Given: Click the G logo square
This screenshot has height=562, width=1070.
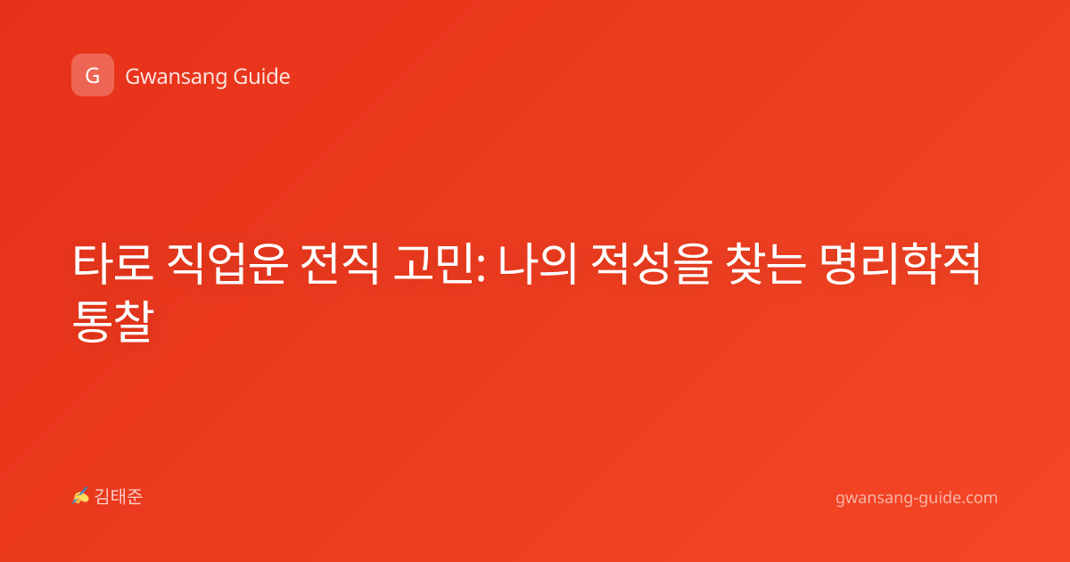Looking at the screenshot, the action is [x=93, y=75].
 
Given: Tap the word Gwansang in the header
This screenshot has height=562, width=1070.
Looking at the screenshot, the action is [x=176, y=77].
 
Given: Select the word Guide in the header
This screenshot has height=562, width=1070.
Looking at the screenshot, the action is [x=262, y=76].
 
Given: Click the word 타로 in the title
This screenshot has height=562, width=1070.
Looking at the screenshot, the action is [x=113, y=263].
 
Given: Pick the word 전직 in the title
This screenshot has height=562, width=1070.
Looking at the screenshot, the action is [x=340, y=263].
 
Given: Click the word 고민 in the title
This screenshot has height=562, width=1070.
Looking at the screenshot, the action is [x=432, y=263].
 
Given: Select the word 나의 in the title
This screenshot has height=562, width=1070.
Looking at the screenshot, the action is [x=538, y=263].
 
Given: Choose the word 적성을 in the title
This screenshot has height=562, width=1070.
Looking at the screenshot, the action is [x=652, y=263].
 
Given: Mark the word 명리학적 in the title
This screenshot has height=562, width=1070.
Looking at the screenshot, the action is [x=900, y=263].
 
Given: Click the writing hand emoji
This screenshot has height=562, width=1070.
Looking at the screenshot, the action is [x=80, y=496].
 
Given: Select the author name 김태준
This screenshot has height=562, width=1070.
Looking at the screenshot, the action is [x=119, y=497].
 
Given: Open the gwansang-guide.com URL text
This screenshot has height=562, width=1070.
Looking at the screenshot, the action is [x=917, y=498].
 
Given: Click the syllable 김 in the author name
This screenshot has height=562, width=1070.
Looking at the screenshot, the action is [x=103, y=497].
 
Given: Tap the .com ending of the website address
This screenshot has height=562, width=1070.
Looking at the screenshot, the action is [x=978, y=498].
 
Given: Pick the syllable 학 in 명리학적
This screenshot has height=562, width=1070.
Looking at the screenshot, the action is [x=920, y=263].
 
